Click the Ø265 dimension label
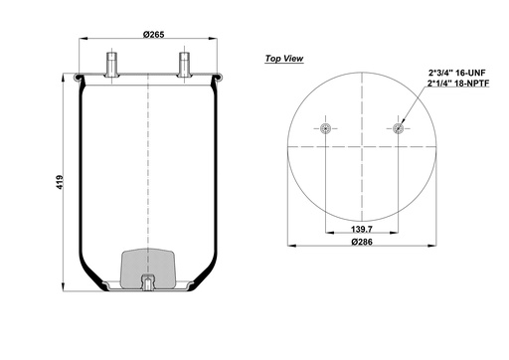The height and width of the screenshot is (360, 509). (x=152, y=36)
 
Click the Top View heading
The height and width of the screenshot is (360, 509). (x=283, y=59)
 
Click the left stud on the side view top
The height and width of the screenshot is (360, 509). (x=110, y=63)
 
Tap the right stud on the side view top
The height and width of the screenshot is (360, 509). (x=183, y=63)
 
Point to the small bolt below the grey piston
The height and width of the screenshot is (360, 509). (x=147, y=283)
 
